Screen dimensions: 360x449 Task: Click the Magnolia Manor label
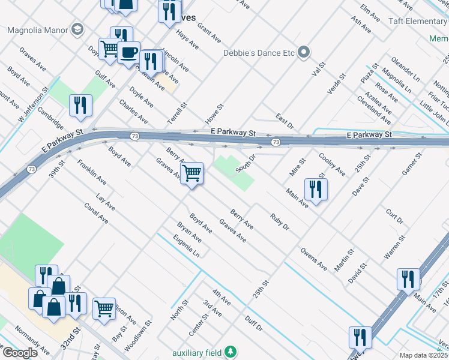37,29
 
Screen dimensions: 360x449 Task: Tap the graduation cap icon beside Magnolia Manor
77,29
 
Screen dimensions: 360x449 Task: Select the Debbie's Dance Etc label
259,53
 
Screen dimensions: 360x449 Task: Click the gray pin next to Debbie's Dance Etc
304,52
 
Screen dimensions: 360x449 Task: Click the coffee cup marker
128,53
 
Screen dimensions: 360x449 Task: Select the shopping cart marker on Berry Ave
191,173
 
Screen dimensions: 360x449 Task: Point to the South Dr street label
246,163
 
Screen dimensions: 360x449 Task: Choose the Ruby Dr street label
280,222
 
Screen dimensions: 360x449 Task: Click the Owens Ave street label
314,257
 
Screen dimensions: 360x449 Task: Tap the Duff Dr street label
253,322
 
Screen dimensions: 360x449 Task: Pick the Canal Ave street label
96,213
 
